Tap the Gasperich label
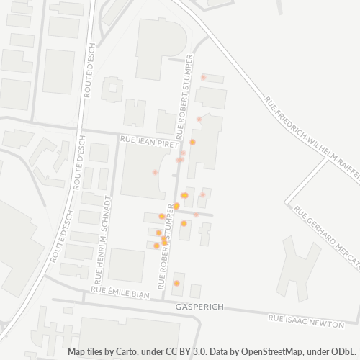coord(199,307)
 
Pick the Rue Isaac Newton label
coord(303,317)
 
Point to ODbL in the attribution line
coord(344,352)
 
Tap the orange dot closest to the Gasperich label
coord(176,283)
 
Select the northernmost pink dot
coord(203,77)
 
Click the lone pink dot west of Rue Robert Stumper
coord(155,172)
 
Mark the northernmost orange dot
coord(192,142)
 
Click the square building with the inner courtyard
coord(112,89)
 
